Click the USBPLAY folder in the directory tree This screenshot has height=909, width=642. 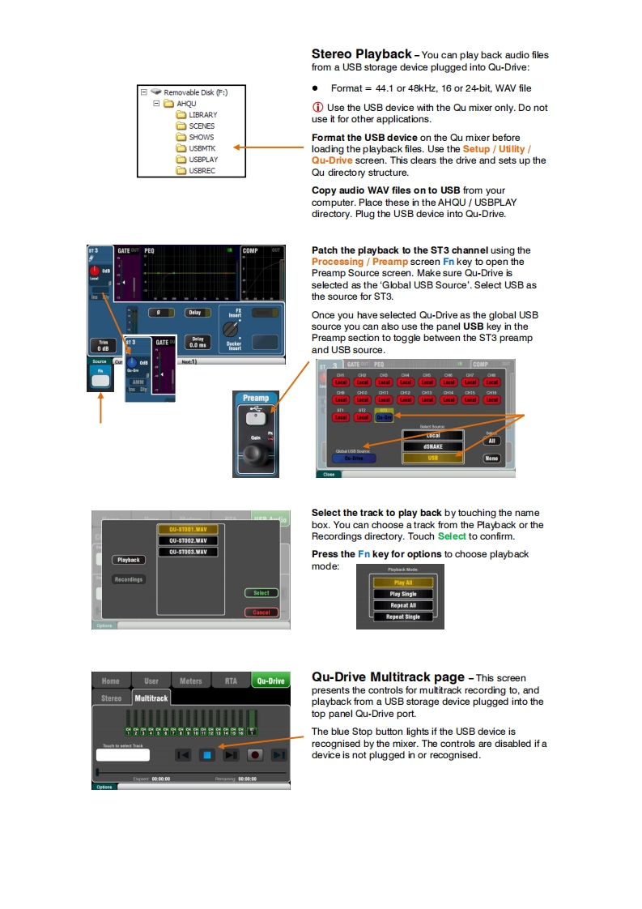pyautogui.click(x=202, y=160)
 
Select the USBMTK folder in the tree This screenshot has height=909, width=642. pyautogui.click(x=202, y=148)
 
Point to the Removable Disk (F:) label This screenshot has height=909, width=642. pyautogui.click(x=196, y=92)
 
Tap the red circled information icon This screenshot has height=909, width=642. pyautogui.click(x=317, y=108)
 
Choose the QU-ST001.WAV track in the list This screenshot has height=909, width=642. pyautogui.click(x=188, y=529)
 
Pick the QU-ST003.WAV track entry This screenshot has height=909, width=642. pyautogui.click(x=188, y=552)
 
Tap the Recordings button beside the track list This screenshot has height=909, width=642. pyautogui.click(x=129, y=579)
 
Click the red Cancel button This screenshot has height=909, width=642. pyautogui.click(x=261, y=612)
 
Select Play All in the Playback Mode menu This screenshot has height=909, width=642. pyautogui.click(x=403, y=583)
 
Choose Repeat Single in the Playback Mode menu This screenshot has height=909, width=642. pyautogui.click(x=403, y=617)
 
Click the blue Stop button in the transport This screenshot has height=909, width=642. pyautogui.click(x=206, y=755)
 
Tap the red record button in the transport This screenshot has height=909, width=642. pyautogui.click(x=254, y=755)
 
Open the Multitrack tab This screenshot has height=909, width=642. pyautogui.click(x=151, y=698)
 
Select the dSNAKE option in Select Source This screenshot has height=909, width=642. pyautogui.click(x=432, y=446)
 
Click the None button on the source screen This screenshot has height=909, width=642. pyautogui.click(x=491, y=459)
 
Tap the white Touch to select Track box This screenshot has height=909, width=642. pyautogui.click(x=122, y=755)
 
